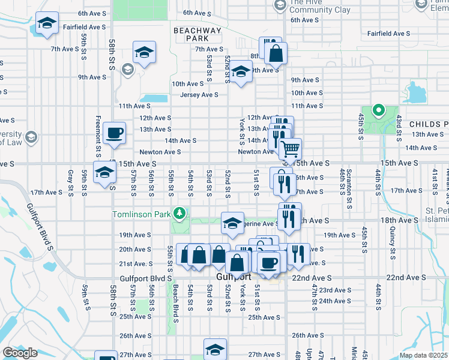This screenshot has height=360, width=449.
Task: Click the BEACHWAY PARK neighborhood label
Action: (197, 34)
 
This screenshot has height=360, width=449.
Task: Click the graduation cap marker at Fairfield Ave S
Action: (46, 23)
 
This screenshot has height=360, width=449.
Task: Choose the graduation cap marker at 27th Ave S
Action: (215, 350)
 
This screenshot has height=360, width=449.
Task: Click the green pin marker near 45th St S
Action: (378, 110)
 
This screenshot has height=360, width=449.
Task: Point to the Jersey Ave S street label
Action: (200, 95)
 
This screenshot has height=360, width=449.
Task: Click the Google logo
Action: (20, 353)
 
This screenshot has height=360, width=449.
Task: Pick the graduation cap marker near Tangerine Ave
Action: (232, 223)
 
